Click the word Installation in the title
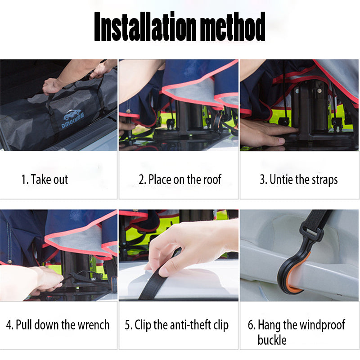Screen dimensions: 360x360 point(145,27)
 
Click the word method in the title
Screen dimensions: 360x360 point(233,27)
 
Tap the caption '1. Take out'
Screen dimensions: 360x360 point(45,179)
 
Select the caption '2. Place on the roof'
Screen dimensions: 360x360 point(180,179)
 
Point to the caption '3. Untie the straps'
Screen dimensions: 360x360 point(299,180)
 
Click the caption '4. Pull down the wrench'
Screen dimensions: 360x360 point(58,324)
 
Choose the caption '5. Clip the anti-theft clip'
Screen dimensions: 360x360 point(177,325)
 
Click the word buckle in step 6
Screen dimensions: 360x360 point(272,340)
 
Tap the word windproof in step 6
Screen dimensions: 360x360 point(322,325)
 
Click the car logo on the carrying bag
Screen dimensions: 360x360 point(72,114)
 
